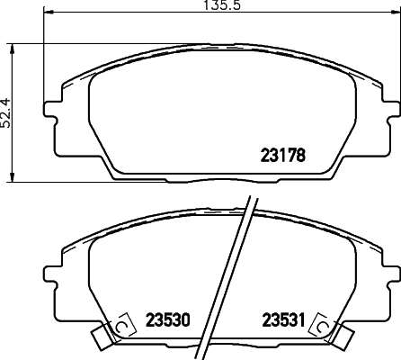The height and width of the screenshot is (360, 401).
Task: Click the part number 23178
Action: [283, 156]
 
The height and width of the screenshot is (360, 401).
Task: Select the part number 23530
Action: [168, 320]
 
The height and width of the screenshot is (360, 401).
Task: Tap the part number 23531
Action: [283, 320]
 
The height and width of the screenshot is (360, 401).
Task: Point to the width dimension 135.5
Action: [222, 5]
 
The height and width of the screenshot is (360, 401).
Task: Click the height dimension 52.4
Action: [5, 112]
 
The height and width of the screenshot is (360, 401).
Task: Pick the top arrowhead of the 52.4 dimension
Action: [12, 49]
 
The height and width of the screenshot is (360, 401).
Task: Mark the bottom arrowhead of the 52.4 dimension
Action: [12, 177]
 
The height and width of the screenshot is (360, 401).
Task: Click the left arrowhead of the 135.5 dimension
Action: [49, 13]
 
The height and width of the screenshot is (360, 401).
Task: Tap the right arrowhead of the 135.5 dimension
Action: [395, 13]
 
